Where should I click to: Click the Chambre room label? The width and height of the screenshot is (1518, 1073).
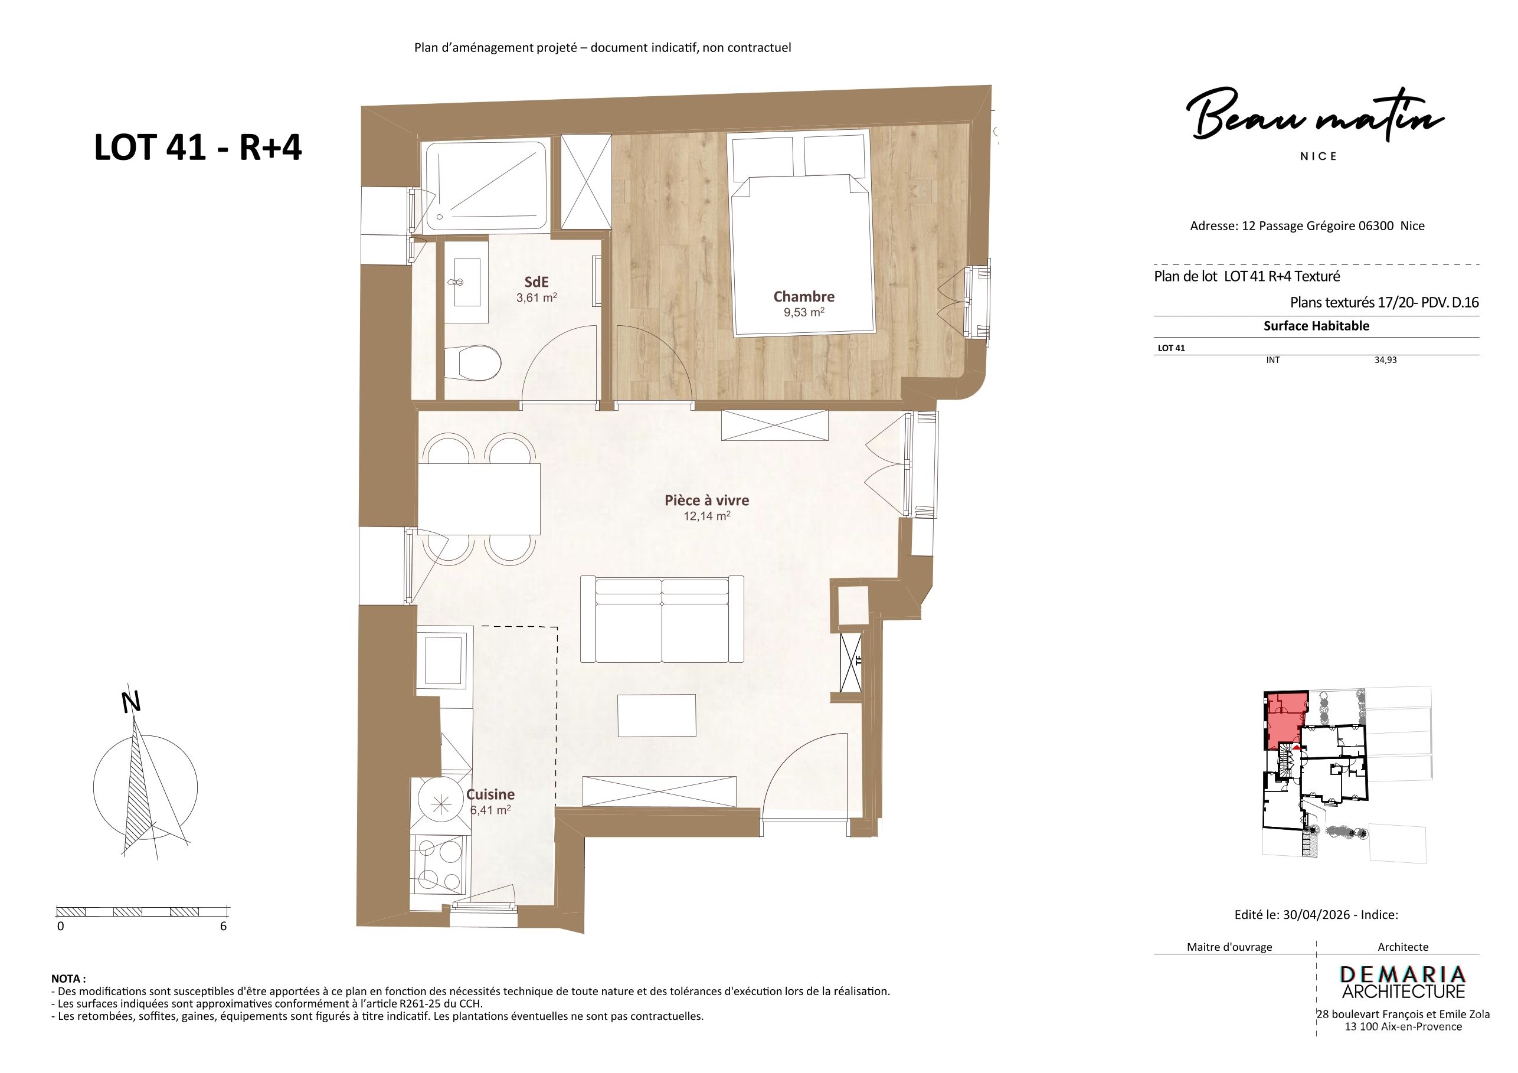[804, 297]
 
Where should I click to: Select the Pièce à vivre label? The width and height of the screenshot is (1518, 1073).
[707, 500]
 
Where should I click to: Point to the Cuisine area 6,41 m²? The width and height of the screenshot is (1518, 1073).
[490, 810]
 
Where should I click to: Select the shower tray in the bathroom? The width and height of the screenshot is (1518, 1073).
[486, 186]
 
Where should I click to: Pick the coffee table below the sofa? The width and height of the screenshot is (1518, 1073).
[656, 715]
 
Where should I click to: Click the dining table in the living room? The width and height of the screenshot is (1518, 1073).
[479, 499]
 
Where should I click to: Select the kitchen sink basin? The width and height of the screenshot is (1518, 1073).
[443, 660]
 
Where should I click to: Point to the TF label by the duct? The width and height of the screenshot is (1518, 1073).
[858, 660]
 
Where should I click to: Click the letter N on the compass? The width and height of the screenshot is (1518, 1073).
[132, 703]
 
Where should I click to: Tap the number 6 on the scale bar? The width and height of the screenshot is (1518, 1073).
[224, 926]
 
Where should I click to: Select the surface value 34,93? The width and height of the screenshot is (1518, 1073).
[1386, 360]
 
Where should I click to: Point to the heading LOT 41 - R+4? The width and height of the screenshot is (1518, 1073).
[198, 148]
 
